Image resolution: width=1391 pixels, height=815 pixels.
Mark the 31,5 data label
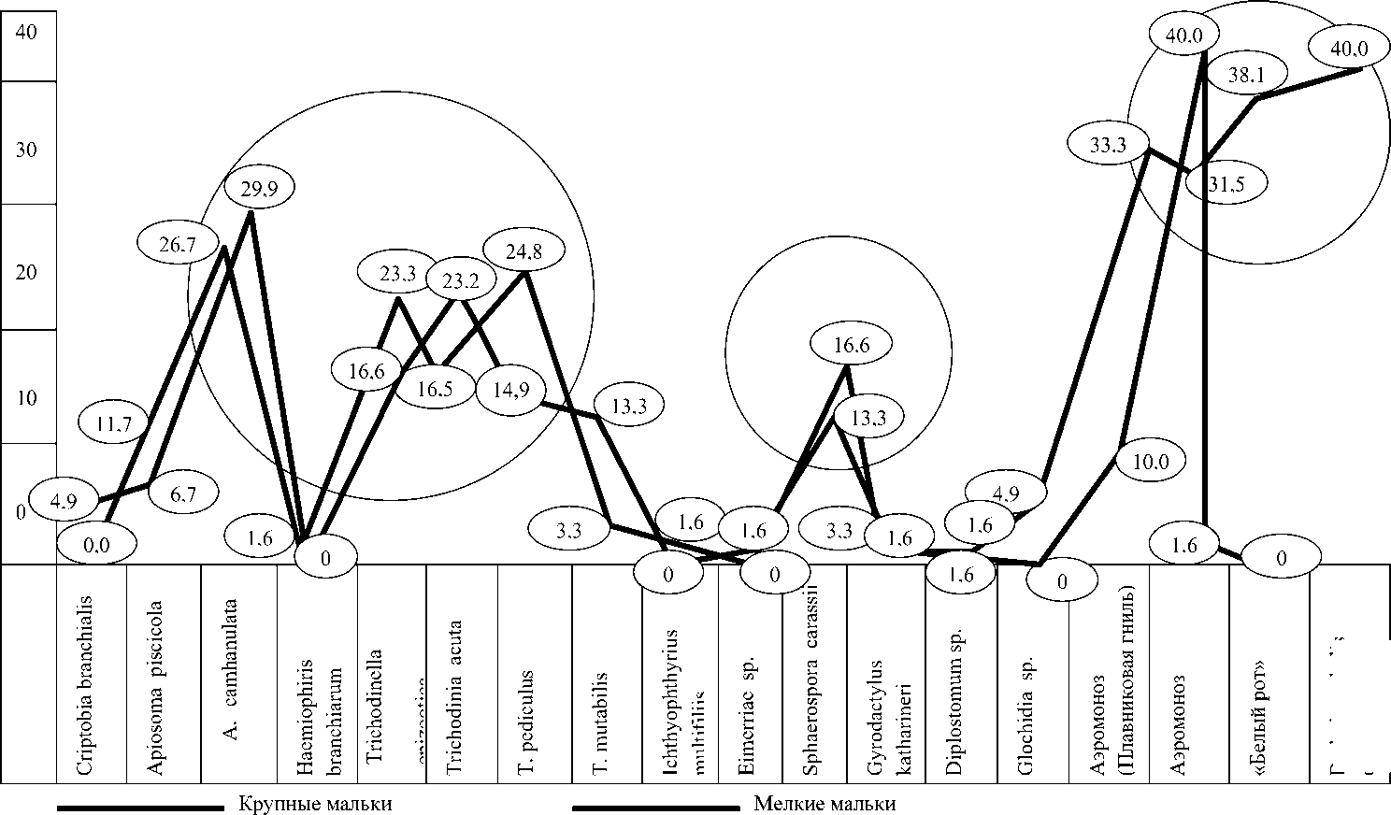[1226, 184]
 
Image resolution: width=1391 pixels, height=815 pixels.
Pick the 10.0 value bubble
[1150, 462]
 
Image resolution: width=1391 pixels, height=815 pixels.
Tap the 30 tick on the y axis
[26, 150]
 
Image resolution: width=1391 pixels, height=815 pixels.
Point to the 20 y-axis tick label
[26, 273]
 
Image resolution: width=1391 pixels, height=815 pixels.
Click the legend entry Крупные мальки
[315, 804]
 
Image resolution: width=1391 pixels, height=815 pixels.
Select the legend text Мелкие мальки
[824, 804]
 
